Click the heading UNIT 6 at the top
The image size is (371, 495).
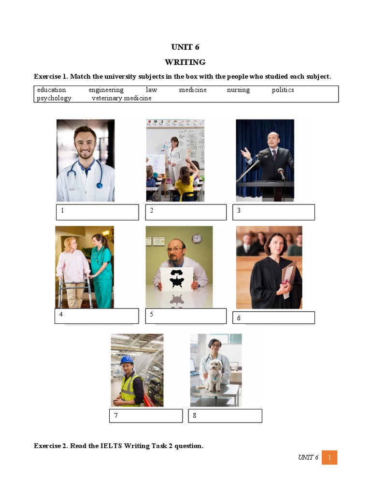click(x=185, y=47)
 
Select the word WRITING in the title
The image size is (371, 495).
click(x=185, y=62)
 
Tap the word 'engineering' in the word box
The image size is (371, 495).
click(x=106, y=90)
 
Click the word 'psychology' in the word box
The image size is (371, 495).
click(x=54, y=98)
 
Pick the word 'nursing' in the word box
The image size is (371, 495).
click(x=238, y=90)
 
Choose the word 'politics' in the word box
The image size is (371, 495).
click(x=283, y=90)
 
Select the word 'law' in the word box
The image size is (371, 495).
click(x=151, y=90)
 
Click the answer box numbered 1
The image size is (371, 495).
click(x=97, y=212)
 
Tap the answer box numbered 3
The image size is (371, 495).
click(x=275, y=212)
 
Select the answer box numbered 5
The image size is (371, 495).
click(x=185, y=316)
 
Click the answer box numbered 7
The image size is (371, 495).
click(x=145, y=416)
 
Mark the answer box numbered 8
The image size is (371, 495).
click(x=225, y=416)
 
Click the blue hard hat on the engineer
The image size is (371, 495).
click(x=127, y=360)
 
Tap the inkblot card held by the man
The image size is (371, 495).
click(x=176, y=279)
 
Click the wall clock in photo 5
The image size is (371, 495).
click(x=197, y=238)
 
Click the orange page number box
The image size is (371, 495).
click(x=329, y=457)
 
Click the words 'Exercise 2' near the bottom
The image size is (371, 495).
click(x=51, y=446)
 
